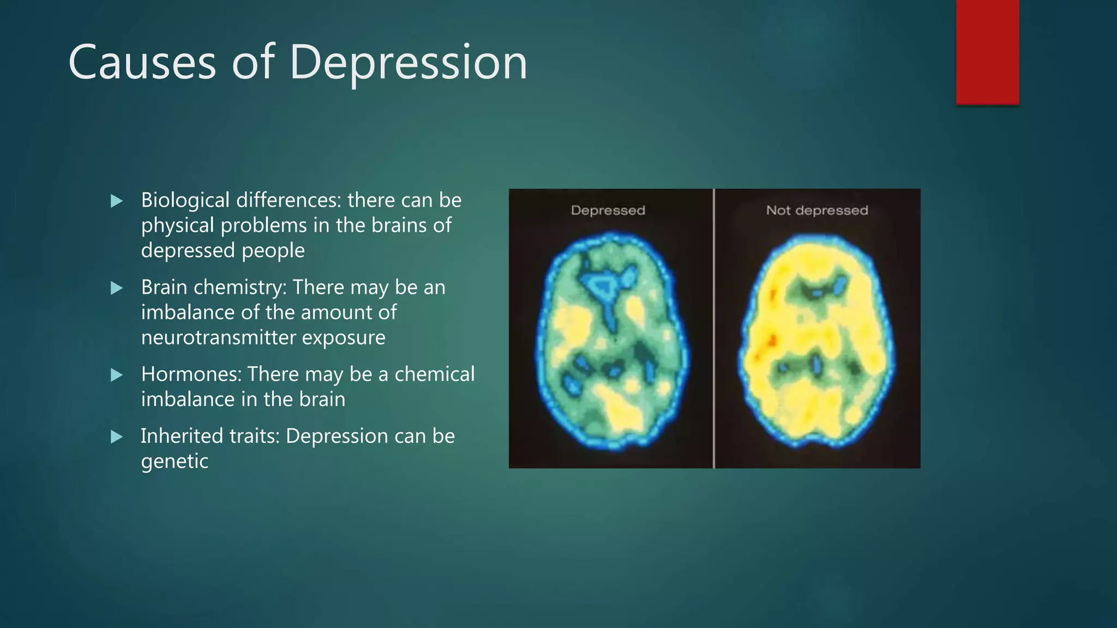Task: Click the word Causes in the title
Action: click(142, 63)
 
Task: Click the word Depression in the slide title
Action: click(408, 63)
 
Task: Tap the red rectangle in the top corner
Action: click(987, 52)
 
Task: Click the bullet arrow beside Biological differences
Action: click(116, 201)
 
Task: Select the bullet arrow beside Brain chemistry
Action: click(116, 288)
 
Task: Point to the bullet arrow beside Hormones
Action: click(116, 375)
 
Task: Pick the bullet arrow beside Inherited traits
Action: click(116, 437)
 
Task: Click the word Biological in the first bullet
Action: click(185, 201)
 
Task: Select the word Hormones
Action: click(191, 375)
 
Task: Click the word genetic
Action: click(175, 462)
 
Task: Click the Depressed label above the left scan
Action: click(608, 210)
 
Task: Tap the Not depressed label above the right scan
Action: click(816, 210)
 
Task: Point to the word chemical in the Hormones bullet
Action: click(434, 375)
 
